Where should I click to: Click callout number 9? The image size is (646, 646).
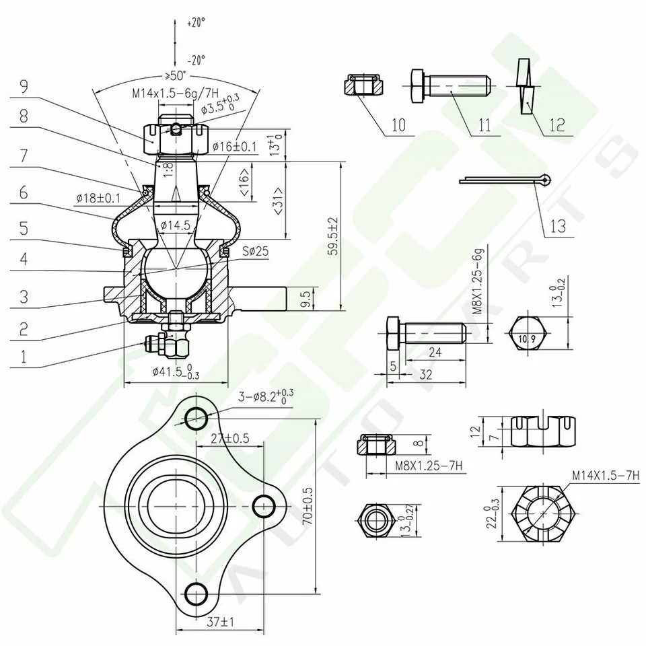(x=24, y=86)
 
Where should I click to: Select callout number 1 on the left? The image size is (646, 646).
(x=24, y=357)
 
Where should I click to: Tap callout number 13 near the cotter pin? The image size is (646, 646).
(x=559, y=226)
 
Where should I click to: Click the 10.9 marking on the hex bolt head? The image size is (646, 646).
(x=527, y=338)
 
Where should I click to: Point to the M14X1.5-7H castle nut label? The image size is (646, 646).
(x=605, y=475)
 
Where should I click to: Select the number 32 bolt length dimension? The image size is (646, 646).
(x=425, y=375)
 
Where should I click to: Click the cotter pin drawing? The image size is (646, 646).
(x=505, y=180)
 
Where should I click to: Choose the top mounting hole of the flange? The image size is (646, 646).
(x=196, y=417)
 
